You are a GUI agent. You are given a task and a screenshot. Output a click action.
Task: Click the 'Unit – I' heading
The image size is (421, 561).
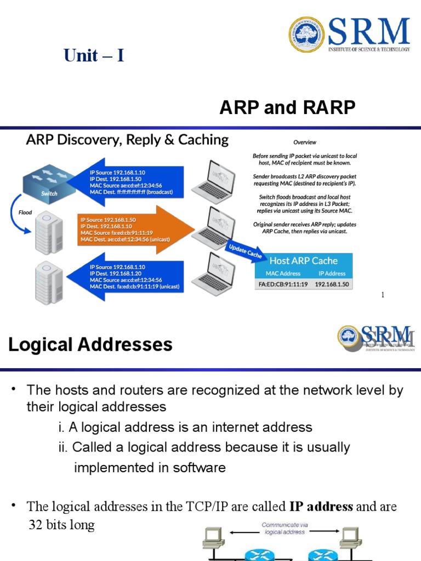(94, 55)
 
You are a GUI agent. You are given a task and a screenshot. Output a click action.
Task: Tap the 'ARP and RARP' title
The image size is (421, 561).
(287, 108)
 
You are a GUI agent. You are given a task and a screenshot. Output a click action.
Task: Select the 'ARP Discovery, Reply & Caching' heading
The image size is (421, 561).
(127, 140)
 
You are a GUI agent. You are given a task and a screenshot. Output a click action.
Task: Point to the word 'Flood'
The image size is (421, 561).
(26, 212)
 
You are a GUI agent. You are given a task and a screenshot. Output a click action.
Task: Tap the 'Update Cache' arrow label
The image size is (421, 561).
(245, 251)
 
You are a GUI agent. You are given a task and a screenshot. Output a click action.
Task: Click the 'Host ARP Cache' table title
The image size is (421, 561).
(303, 261)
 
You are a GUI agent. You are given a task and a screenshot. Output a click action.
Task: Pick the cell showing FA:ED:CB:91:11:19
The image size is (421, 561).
(283, 284)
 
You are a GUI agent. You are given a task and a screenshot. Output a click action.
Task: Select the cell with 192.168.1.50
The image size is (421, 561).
(332, 284)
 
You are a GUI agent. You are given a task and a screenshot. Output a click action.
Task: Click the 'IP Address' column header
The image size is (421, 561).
(332, 273)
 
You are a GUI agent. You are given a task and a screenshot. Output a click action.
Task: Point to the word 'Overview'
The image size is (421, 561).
(304, 142)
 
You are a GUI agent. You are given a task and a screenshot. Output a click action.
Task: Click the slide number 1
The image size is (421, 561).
(383, 295)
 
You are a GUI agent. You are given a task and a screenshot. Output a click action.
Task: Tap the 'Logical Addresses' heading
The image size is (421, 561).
(90, 345)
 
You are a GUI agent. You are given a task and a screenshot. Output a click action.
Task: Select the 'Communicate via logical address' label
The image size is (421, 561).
(285, 528)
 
